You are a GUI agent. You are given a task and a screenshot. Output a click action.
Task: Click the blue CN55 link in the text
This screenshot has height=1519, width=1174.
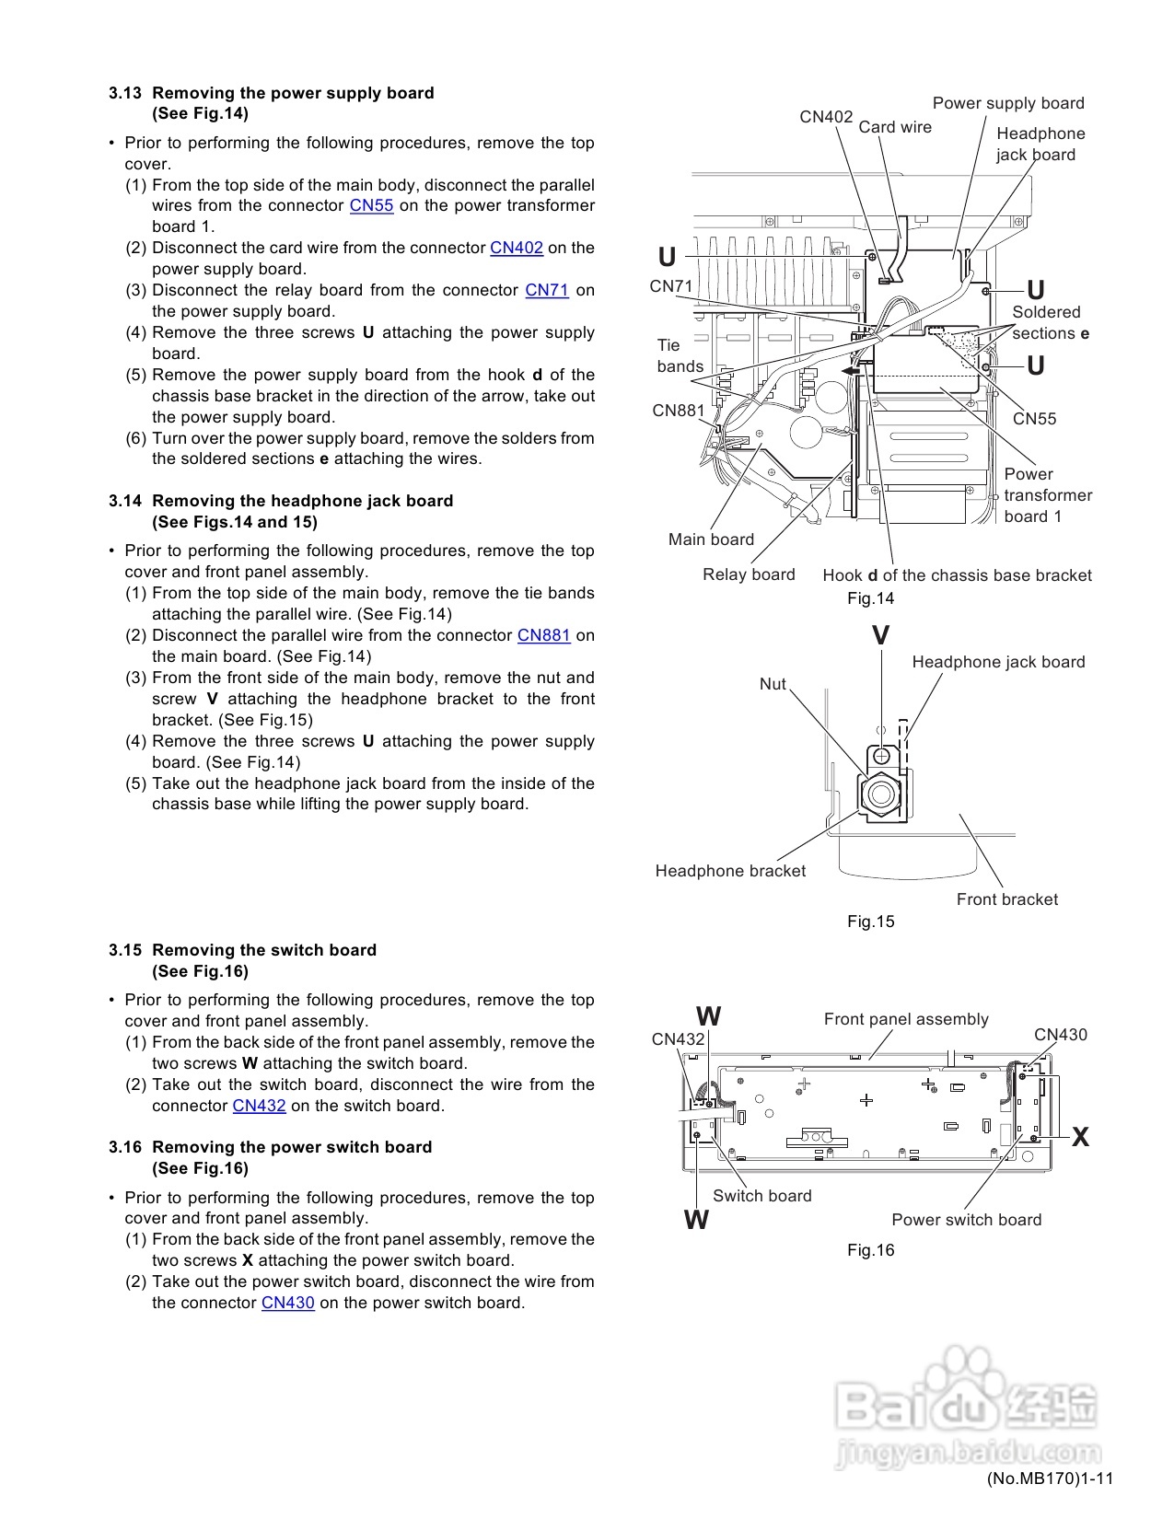pyautogui.click(x=371, y=205)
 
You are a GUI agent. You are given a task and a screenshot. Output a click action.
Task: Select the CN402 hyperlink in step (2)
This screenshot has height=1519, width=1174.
pyautogui.click(x=516, y=248)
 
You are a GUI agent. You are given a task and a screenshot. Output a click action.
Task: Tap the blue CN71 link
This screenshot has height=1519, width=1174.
pyautogui.click(x=547, y=290)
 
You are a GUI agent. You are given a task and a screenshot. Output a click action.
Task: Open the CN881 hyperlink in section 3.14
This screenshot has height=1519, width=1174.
pyautogui.click(x=544, y=635)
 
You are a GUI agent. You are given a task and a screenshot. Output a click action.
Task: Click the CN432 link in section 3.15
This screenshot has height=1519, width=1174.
pyautogui.click(x=259, y=1106)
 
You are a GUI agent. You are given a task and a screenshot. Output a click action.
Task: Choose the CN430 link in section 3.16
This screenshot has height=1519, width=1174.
pyautogui.click(x=288, y=1303)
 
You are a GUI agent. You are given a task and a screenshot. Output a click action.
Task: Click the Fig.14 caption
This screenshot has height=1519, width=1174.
pyautogui.click(x=870, y=598)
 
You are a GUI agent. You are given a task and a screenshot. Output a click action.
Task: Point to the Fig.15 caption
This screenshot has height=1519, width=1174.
pyautogui.click(x=870, y=922)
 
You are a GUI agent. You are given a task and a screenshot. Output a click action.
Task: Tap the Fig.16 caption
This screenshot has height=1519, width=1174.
pyautogui.click(x=870, y=1250)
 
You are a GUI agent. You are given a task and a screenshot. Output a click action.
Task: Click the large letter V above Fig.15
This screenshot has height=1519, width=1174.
pyautogui.click(x=881, y=635)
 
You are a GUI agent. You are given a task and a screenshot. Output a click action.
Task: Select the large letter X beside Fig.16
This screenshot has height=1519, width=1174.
pyautogui.click(x=1080, y=1137)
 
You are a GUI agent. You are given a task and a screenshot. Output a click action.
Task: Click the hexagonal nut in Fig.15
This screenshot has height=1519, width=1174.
pyautogui.click(x=881, y=794)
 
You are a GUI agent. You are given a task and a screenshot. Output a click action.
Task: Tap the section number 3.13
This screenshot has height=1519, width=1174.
pyautogui.click(x=125, y=93)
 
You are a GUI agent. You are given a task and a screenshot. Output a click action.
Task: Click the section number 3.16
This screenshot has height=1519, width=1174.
pyautogui.click(x=125, y=1147)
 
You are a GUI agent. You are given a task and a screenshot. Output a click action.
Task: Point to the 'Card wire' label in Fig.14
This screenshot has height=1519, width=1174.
pyautogui.click(x=895, y=127)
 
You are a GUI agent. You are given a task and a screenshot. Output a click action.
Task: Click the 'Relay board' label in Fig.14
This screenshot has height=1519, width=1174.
pyautogui.click(x=749, y=574)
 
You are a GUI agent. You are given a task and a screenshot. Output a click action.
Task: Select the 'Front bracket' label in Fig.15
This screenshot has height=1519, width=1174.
pyautogui.click(x=1007, y=899)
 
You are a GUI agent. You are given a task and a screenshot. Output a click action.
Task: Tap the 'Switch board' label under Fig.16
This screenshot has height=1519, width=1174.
pyautogui.click(x=762, y=1196)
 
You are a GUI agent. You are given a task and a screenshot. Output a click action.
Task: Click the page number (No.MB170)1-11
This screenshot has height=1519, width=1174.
pyautogui.click(x=1050, y=1478)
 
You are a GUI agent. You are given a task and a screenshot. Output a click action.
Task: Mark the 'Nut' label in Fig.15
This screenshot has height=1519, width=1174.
pyautogui.click(x=773, y=684)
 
